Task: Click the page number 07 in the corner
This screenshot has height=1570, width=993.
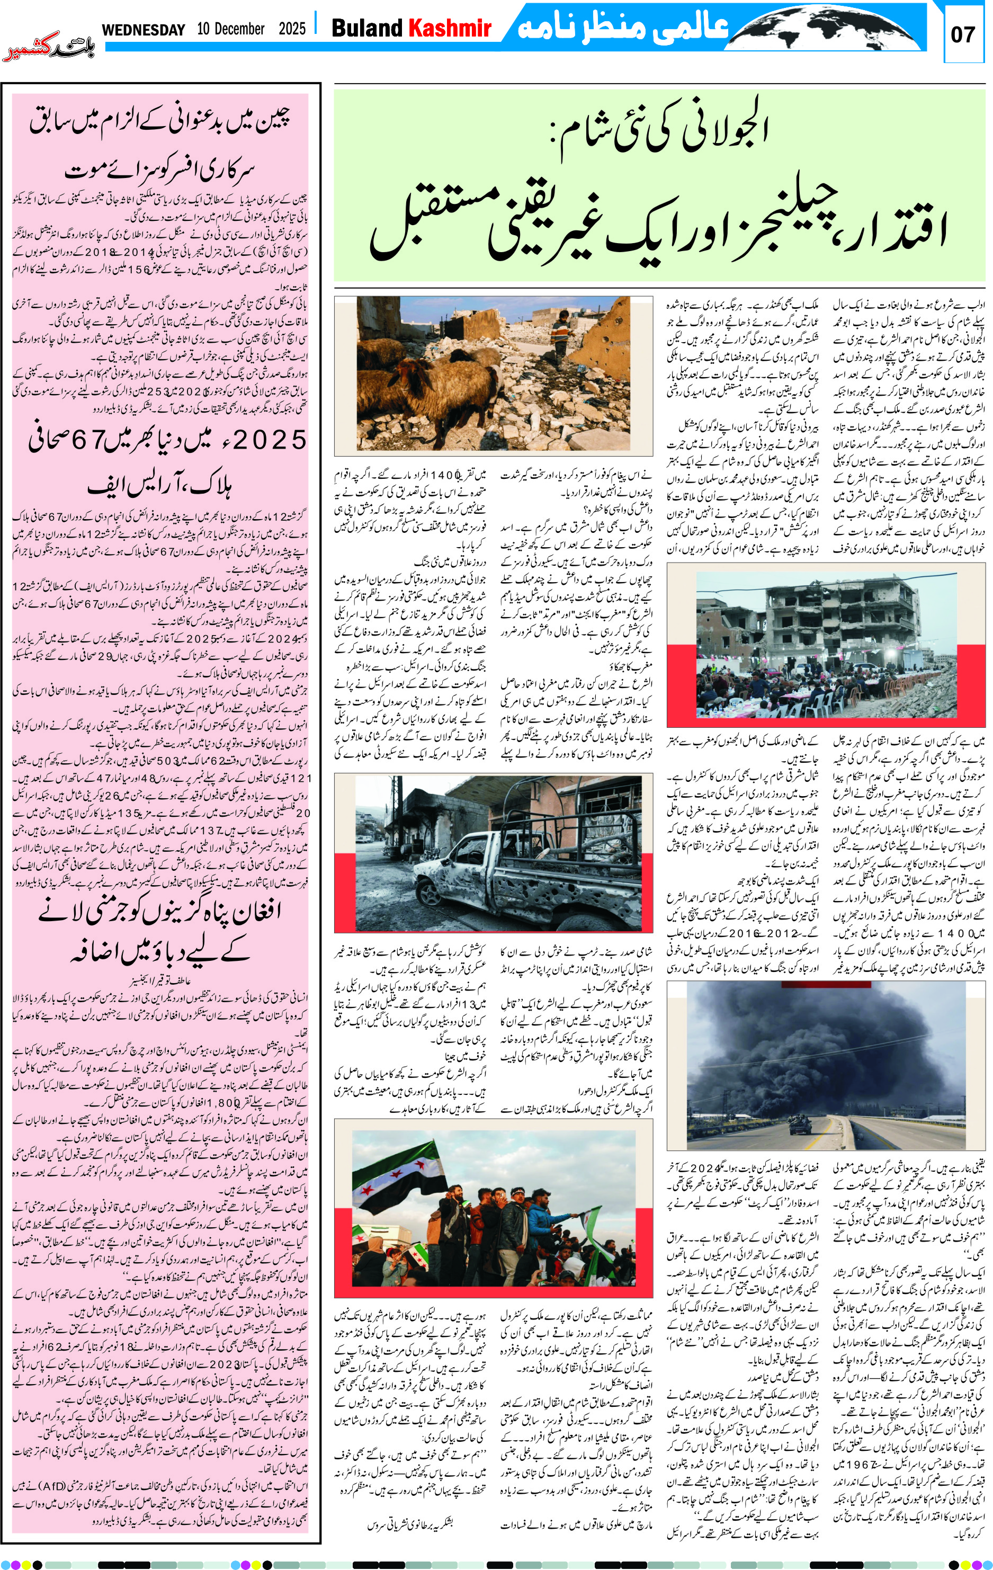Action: (962, 34)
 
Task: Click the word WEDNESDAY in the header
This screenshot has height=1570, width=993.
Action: (144, 29)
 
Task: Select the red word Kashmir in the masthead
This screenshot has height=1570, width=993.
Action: (449, 28)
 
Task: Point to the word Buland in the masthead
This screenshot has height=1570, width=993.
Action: (367, 28)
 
